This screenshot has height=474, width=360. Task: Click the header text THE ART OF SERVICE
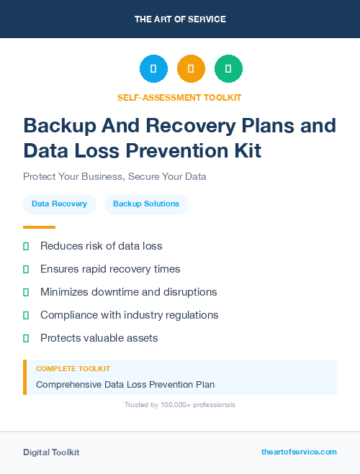(x=180, y=19)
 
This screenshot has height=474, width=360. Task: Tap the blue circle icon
(x=153, y=69)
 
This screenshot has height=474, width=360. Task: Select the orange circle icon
(x=191, y=69)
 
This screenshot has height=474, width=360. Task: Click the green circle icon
(x=228, y=69)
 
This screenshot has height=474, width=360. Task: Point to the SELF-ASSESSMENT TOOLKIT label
(x=179, y=97)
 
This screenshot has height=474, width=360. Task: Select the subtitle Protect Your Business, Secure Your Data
(x=114, y=176)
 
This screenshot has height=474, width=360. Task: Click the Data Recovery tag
(x=59, y=204)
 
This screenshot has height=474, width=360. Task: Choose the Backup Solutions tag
(x=146, y=204)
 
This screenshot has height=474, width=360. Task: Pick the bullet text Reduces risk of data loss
(x=101, y=246)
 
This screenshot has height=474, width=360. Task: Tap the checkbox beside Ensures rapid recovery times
(x=26, y=269)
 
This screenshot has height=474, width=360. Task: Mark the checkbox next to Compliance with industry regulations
(x=26, y=315)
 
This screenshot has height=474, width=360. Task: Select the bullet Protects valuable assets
(x=99, y=338)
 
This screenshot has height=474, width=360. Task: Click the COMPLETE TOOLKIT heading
(x=73, y=369)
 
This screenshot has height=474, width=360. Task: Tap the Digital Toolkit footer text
(x=51, y=452)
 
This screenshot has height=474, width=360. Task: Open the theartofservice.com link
(x=299, y=452)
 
